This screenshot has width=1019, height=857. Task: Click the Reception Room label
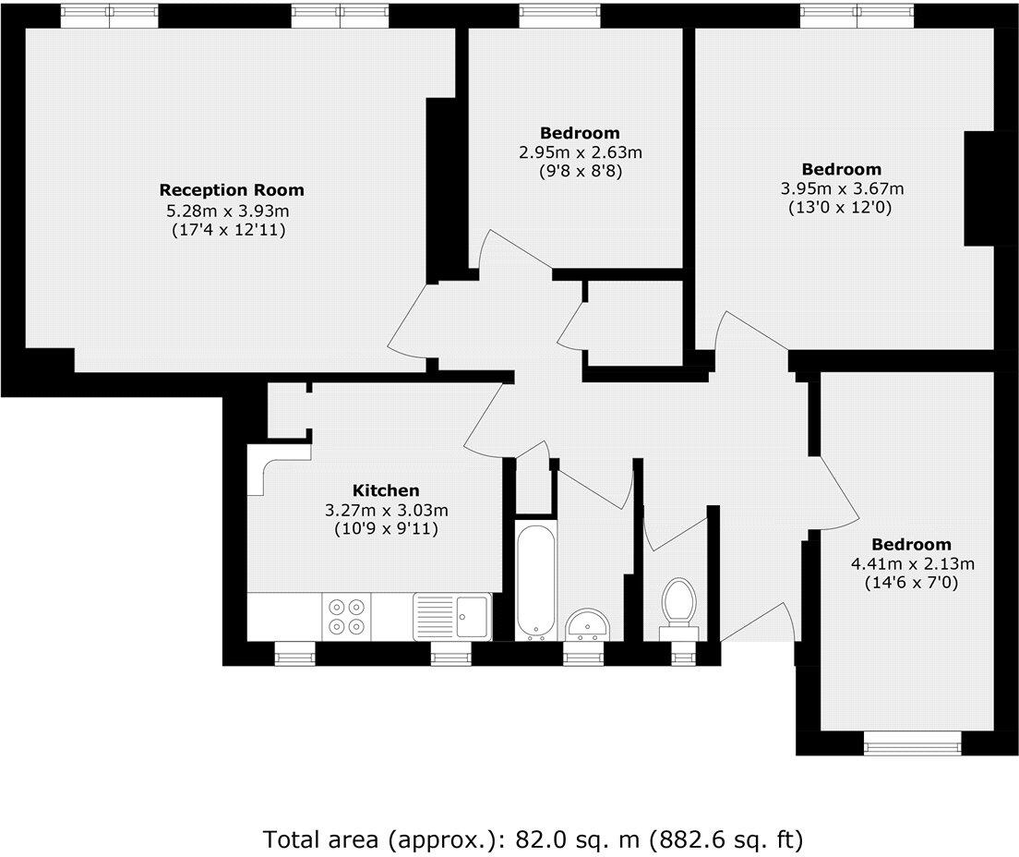point(232,190)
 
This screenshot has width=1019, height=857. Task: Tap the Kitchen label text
point(386,490)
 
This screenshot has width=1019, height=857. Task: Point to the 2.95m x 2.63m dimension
point(580,152)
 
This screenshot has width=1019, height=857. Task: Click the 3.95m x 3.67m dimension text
point(841,189)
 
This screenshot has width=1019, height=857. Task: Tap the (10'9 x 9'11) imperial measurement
point(386,530)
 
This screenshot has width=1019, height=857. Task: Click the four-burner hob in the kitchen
point(346,617)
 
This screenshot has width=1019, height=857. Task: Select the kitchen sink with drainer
point(452,616)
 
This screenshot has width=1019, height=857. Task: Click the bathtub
point(535,582)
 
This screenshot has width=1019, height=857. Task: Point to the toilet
point(679,605)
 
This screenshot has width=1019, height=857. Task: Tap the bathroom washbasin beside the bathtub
point(585,625)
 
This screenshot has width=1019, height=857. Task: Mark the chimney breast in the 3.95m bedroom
point(978,189)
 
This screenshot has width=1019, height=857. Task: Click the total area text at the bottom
point(533,839)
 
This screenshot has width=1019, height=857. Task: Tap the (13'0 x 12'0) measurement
point(841,209)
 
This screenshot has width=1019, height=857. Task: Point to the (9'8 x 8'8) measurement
point(580,171)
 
